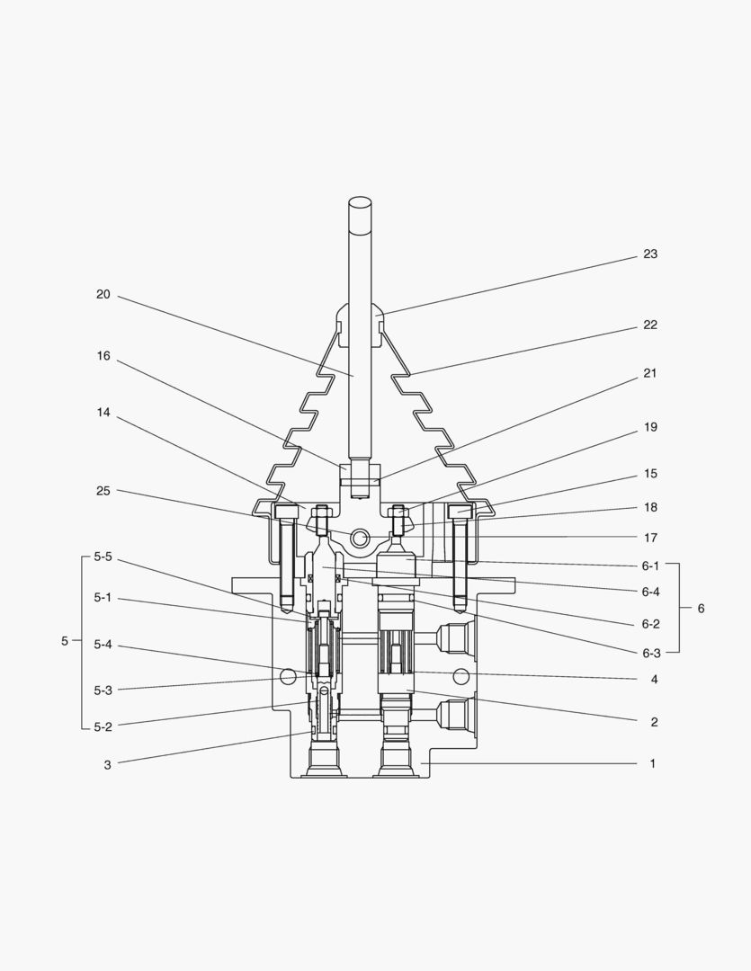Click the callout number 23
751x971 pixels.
tap(649, 254)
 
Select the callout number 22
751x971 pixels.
tap(649, 325)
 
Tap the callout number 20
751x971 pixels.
tap(103, 294)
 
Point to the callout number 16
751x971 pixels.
tap(103, 356)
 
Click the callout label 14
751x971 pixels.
tap(103, 413)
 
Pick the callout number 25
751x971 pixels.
tap(103, 491)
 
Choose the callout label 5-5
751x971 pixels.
tap(103, 557)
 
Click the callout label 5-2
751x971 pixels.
tap(103, 726)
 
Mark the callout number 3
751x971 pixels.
tap(107, 765)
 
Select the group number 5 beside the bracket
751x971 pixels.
tap(64, 641)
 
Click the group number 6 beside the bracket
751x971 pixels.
tap(701, 609)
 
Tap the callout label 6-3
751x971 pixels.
tap(650, 653)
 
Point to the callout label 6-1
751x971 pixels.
tap(650, 566)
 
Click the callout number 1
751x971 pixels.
tap(653, 764)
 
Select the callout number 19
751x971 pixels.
tap(649, 427)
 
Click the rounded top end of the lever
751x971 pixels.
tap(361, 204)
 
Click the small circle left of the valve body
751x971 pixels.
tap(289, 674)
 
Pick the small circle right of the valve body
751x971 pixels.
tap(460, 675)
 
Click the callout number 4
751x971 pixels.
tap(654, 680)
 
